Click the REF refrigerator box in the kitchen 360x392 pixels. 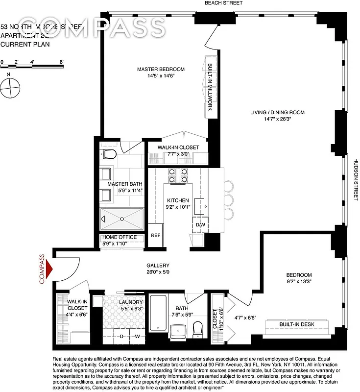[x=156, y=235]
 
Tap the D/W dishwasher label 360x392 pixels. [x=200, y=225]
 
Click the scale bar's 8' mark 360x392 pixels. [x=62, y=62]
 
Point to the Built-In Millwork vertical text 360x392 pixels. [x=210, y=87]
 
